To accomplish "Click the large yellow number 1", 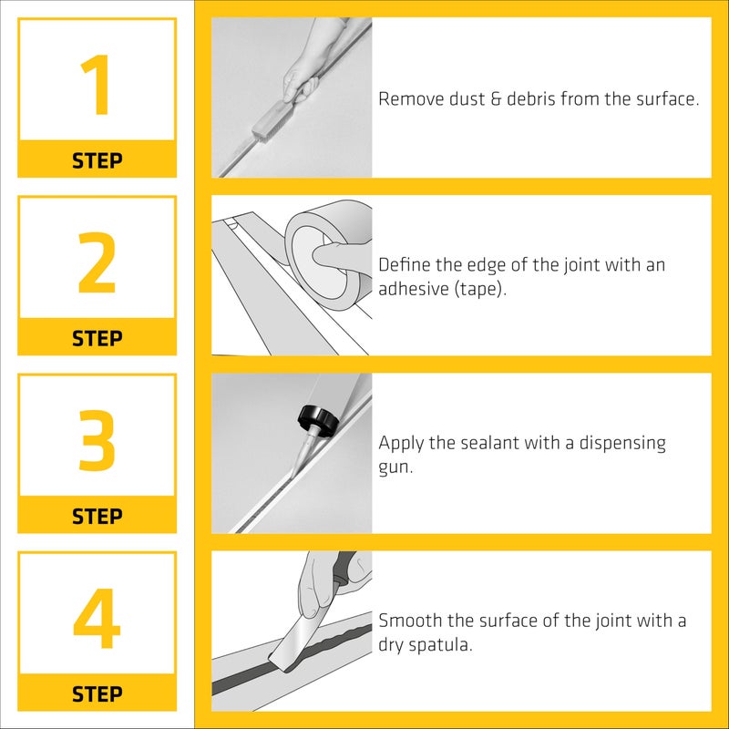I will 97,86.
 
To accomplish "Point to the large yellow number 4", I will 97,619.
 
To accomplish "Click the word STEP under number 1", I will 97,161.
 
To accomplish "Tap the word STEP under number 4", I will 97,694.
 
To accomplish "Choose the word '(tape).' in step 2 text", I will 479,290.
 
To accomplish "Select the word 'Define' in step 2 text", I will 402,265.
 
